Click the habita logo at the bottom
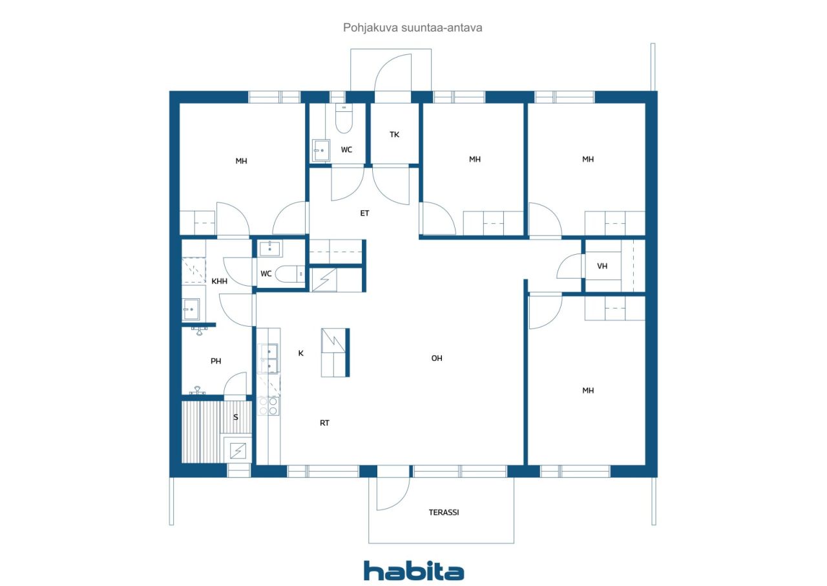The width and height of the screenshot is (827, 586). pos(413,571)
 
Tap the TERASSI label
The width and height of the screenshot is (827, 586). pos(444,512)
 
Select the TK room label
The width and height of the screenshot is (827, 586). pos(394,135)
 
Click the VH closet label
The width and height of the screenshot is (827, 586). pos(602,266)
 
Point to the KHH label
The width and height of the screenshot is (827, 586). pos(219,281)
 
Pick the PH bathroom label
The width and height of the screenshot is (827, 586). pos(216,361)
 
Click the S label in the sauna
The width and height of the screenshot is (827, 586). pos(236,417)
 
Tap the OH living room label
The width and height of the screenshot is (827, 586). pos(437,358)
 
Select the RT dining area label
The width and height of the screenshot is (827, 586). pos(324,423)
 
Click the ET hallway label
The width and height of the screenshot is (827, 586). pos(364,213)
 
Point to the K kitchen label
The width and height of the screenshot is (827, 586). pos(301,353)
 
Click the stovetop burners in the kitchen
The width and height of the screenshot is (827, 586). pos(268,406)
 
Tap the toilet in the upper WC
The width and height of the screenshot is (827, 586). pos(344,118)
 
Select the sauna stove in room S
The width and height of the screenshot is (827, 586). pos(238,450)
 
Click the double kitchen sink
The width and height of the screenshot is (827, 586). pos(269,358)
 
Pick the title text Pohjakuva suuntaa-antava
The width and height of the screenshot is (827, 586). pos(412,28)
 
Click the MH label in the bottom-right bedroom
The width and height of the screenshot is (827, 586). pos(588,391)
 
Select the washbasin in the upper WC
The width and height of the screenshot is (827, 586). pos(321,150)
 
